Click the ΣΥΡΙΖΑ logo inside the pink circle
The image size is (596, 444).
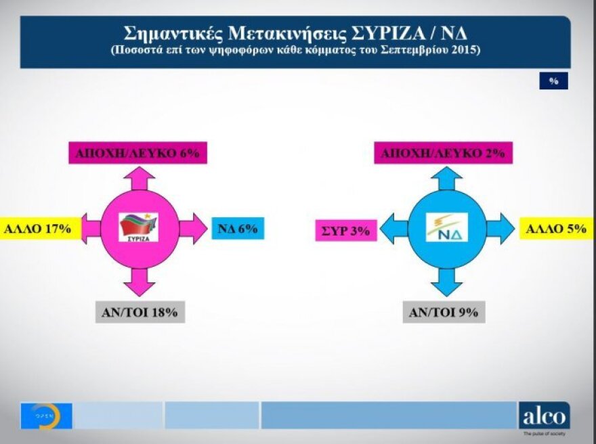click(x=138, y=227)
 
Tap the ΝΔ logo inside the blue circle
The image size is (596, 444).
click(x=447, y=227)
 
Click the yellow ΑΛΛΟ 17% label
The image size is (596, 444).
click(x=39, y=229)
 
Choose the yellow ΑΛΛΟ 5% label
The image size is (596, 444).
click(x=556, y=229)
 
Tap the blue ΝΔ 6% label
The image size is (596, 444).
click(x=237, y=229)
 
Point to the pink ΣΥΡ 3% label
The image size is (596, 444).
click(x=345, y=230)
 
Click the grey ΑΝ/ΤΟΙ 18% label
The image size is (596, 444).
click(x=139, y=312)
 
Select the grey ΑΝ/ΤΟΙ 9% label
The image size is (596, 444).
click(x=444, y=312)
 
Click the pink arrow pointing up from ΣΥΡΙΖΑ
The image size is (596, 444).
click(x=139, y=178)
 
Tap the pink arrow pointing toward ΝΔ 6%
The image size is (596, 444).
click(x=194, y=229)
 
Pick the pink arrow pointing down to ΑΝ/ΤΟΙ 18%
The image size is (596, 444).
click(x=139, y=281)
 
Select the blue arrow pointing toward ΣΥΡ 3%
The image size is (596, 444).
click(x=393, y=229)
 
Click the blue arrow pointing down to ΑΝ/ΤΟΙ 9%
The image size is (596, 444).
click(x=447, y=281)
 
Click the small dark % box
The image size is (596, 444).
click(x=553, y=81)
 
